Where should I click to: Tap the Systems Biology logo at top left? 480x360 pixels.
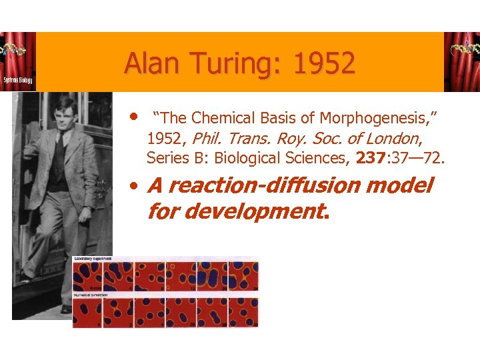(x=18, y=61)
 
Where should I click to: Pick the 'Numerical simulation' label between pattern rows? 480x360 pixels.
(x=91, y=294)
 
